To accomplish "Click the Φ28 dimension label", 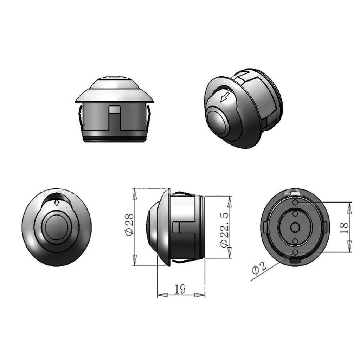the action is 129,225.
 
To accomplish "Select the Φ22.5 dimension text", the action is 225,230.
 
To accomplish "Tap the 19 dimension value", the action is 180,289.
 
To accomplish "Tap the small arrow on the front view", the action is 56,204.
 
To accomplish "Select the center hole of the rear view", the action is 295,227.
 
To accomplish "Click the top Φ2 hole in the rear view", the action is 295,202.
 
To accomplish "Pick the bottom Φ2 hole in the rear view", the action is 295,252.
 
